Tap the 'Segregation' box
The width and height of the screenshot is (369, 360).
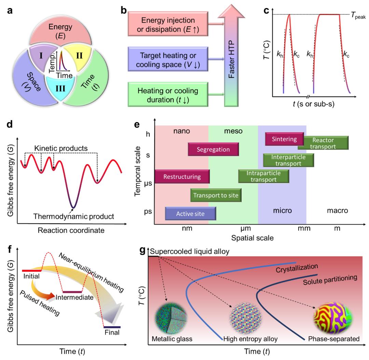(213, 149)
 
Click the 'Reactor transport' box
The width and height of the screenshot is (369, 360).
(323, 143)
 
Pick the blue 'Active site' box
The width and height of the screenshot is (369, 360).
(190, 213)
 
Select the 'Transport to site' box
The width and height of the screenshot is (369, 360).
(214, 195)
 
